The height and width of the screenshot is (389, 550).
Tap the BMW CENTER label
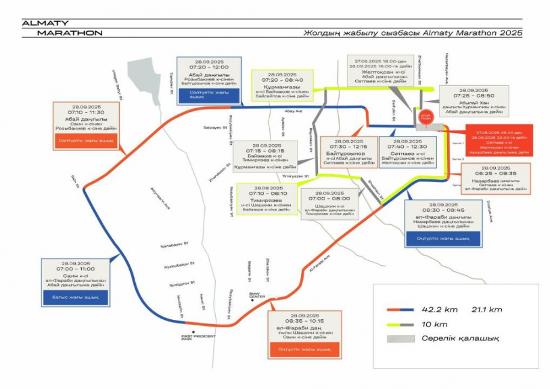click(x=257, y=295)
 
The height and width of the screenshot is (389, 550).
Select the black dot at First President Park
click(x=194, y=331)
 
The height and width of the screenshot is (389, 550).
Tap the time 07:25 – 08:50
click(x=474, y=96)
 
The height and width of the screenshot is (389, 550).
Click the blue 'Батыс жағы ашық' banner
click(x=75, y=297)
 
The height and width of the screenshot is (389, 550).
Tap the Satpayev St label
click(x=213, y=127)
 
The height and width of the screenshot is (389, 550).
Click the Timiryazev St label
click(x=295, y=176)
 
